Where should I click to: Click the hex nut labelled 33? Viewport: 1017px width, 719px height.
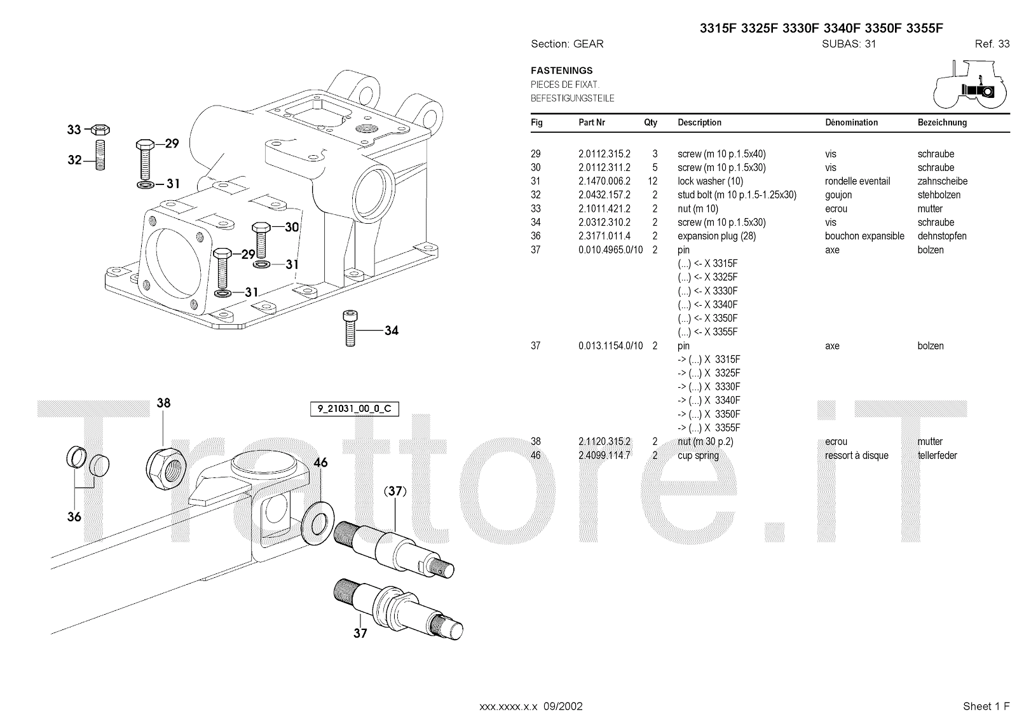pos(99,130)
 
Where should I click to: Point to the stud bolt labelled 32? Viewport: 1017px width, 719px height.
pos(100,155)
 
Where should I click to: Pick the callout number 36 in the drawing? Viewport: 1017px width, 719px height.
pos(74,517)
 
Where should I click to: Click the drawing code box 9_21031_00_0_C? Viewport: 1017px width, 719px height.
pos(355,409)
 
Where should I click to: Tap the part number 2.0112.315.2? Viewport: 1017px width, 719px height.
pos(604,154)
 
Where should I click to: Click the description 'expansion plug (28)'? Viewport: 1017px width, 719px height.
pos(716,236)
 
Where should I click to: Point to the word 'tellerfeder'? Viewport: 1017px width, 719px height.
pos(937,455)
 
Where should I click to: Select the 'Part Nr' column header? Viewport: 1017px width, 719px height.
pos(592,123)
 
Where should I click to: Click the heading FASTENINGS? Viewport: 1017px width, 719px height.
pos(562,71)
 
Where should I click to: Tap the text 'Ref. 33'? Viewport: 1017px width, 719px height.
pos(992,44)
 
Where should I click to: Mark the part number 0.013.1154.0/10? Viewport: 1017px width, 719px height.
pos(610,346)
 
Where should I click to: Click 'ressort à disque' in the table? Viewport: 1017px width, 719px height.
pos(856,455)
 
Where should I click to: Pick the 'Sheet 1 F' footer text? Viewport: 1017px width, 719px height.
pos(986,706)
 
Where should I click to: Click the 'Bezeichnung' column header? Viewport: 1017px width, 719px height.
pos(942,123)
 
